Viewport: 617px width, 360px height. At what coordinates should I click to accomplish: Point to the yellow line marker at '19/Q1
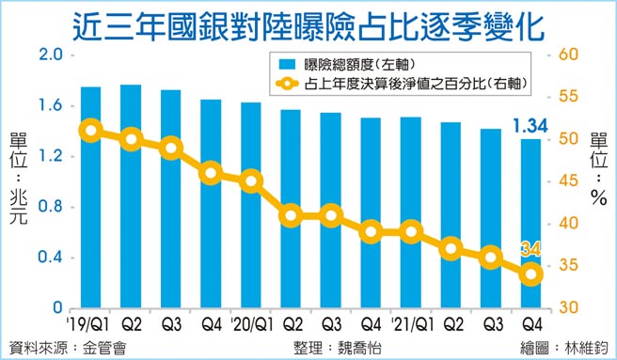pyautogui.click(x=91, y=131)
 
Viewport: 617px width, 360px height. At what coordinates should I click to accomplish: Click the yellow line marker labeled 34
pyautogui.click(x=531, y=274)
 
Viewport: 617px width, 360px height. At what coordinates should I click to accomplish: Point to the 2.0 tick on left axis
pyautogui.click(x=50, y=55)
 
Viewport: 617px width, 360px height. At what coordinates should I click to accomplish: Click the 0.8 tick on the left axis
pyautogui.click(x=50, y=207)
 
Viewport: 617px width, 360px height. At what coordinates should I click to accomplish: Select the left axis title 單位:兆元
pyautogui.click(x=18, y=180)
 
